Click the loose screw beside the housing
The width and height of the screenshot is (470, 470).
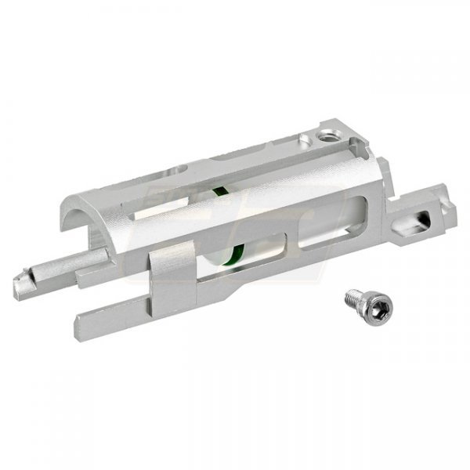(356, 301)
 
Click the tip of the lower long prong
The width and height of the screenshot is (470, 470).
(82, 320)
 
